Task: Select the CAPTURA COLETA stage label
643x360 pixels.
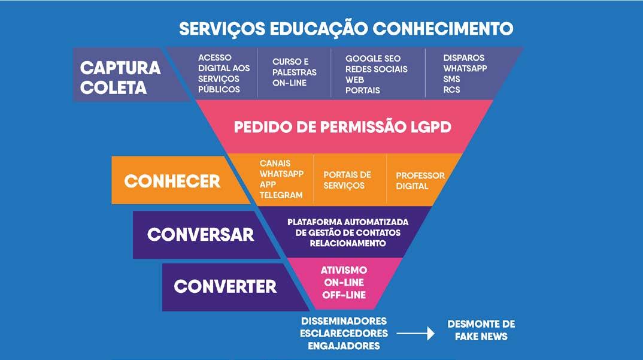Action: tap(120, 77)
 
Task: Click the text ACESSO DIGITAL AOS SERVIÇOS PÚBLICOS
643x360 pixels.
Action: tap(219, 73)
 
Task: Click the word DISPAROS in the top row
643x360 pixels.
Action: tap(464, 58)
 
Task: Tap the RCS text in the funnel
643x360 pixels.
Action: tap(451, 90)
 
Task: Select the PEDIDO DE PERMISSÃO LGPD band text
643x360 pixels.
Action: tap(342, 128)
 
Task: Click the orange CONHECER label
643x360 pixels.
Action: tap(172, 181)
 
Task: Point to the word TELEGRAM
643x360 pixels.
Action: tap(281, 195)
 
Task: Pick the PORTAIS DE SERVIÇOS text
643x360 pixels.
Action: tap(347, 180)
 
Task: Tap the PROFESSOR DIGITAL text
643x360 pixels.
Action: tap(420, 180)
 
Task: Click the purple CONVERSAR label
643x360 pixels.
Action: tap(201, 234)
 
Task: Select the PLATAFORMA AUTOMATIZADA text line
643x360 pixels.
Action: tap(348, 222)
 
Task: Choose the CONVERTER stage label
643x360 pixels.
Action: tap(225, 286)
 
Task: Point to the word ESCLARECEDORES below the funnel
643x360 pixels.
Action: tap(344, 333)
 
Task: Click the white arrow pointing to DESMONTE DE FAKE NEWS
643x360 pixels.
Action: tap(415, 334)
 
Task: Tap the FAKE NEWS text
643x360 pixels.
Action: tap(481, 337)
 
